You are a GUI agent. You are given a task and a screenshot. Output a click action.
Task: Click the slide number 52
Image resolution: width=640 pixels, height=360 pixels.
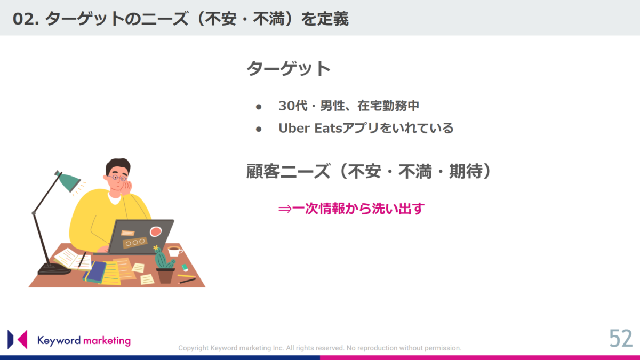[x=621, y=338]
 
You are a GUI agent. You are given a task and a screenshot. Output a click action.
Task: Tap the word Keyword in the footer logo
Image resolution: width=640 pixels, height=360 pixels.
[x=59, y=341]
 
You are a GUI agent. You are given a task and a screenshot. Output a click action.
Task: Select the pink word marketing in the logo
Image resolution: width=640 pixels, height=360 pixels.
[x=107, y=341]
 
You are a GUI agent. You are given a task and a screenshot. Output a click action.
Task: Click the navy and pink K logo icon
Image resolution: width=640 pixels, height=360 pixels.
[x=18, y=339]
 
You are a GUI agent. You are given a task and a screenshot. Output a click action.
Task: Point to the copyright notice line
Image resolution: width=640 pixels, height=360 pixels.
[x=319, y=348]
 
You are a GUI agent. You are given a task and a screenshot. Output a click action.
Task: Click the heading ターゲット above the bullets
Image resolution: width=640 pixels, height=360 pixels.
[x=289, y=69]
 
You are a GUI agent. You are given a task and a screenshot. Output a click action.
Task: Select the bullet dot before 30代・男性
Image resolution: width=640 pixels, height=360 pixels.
[x=259, y=107]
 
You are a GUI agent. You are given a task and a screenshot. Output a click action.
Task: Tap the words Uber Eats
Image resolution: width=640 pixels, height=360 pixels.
[x=310, y=128]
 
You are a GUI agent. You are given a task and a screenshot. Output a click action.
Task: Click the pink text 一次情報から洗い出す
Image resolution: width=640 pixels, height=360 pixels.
[x=358, y=209]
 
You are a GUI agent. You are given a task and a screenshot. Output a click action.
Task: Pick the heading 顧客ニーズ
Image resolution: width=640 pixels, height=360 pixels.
[x=288, y=171]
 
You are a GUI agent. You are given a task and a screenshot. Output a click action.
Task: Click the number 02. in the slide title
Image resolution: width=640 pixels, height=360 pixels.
[x=26, y=19]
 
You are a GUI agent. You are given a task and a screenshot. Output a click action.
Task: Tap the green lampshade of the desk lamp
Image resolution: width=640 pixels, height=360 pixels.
[x=69, y=181]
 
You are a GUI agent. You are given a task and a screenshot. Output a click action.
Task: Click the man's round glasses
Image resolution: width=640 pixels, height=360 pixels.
[x=117, y=178]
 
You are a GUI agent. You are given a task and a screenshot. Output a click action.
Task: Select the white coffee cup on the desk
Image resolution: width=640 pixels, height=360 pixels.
[x=174, y=251]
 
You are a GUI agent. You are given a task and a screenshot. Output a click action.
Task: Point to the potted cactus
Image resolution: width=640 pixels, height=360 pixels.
[x=164, y=265]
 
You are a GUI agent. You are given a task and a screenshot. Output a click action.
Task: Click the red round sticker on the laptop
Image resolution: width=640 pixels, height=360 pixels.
[x=155, y=231]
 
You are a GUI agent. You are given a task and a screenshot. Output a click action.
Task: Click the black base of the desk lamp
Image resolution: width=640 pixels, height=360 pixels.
[x=53, y=269]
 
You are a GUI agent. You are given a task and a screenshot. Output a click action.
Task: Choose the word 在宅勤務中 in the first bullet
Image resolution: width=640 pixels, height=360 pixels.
[x=388, y=106]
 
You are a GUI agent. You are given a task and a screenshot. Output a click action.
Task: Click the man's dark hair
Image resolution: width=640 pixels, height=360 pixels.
[x=118, y=165]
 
